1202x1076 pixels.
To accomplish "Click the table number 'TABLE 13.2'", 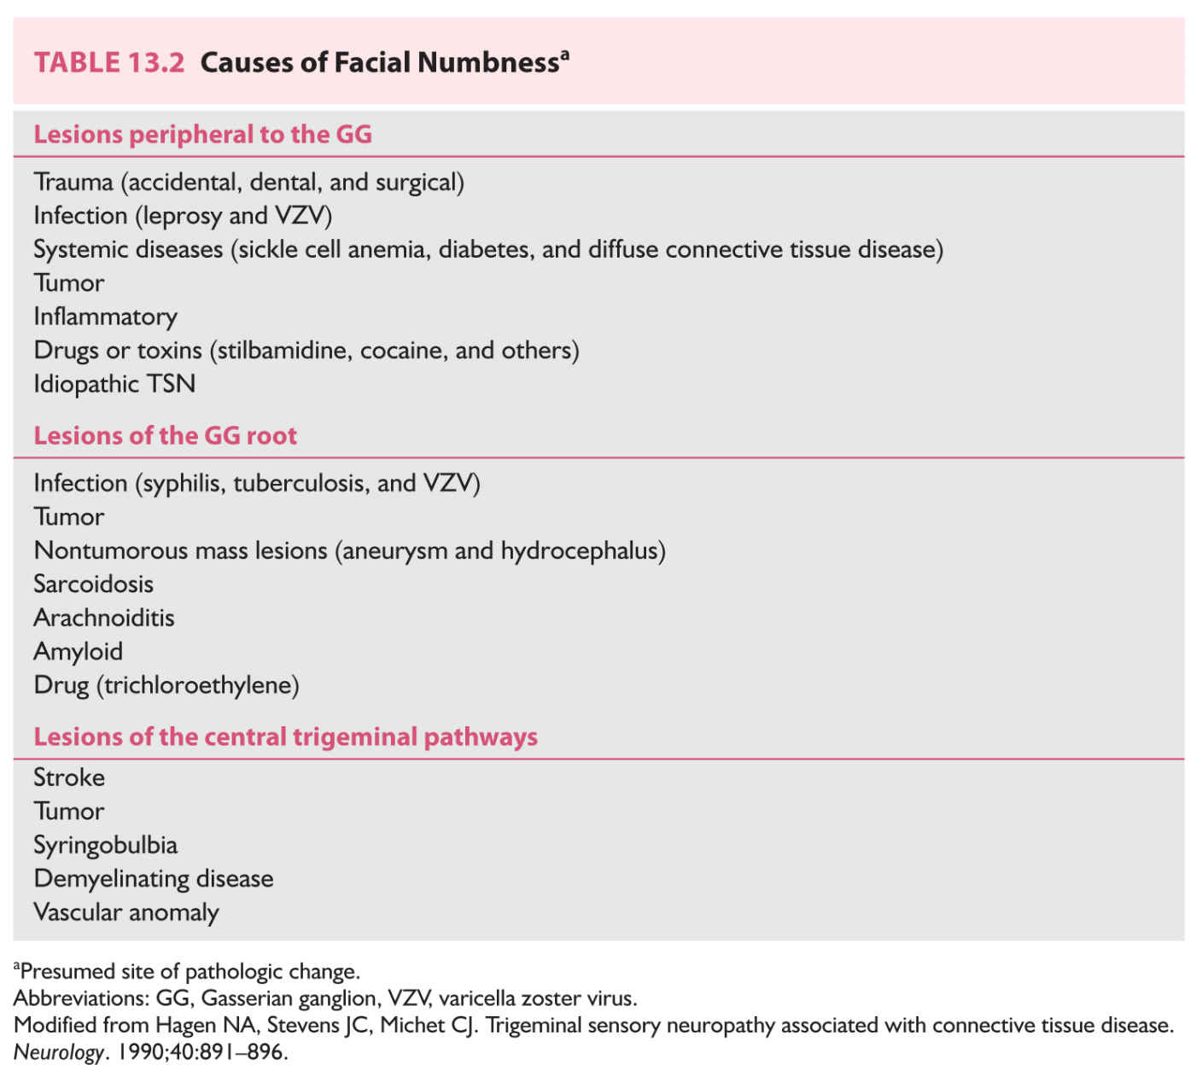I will [x=109, y=63].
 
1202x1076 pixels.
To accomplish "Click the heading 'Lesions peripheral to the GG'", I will [x=202, y=135].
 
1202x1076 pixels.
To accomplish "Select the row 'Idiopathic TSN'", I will [x=114, y=384].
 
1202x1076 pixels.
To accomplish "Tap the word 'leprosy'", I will [x=182, y=216].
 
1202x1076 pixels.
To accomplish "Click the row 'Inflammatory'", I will [x=105, y=317].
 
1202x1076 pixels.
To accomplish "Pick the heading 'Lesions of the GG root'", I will [x=165, y=436].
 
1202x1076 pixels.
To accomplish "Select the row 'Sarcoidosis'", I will [x=93, y=585].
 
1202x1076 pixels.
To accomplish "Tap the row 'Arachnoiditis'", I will [x=103, y=618].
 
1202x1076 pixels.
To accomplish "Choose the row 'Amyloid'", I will [x=78, y=652].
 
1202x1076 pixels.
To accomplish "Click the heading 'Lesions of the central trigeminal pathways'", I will [x=285, y=737].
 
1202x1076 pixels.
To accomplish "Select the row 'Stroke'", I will [x=69, y=778].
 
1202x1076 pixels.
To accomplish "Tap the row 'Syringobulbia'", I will [x=105, y=846].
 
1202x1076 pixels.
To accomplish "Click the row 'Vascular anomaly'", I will [x=125, y=913].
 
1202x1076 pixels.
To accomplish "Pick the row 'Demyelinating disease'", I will [x=153, y=879].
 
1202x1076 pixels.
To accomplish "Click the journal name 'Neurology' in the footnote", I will [x=58, y=1052].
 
